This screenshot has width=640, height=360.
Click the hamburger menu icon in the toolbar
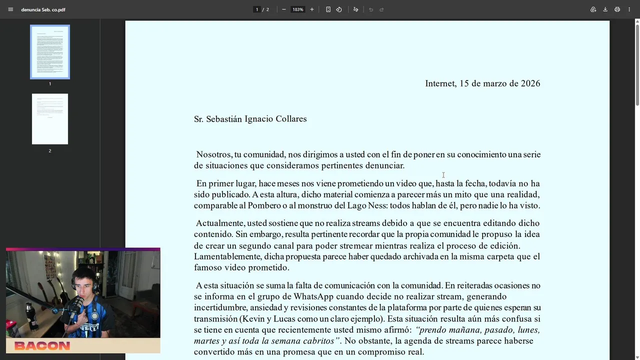tap(10, 9)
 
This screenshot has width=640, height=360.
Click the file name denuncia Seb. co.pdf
tap(43, 9)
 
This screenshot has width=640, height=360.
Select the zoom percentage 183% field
tap(298, 9)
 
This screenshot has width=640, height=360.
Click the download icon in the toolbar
tap(605, 9)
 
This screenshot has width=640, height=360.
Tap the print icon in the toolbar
tap(617, 9)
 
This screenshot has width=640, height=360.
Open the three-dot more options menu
tap(629, 9)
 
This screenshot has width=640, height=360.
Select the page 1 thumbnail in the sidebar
tap(50, 52)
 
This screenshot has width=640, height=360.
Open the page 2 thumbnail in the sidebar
tap(50, 119)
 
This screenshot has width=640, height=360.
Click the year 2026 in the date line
tap(530, 83)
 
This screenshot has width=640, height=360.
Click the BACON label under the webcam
tap(42, 345)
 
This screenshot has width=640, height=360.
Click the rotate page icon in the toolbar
tap(339, 9)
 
